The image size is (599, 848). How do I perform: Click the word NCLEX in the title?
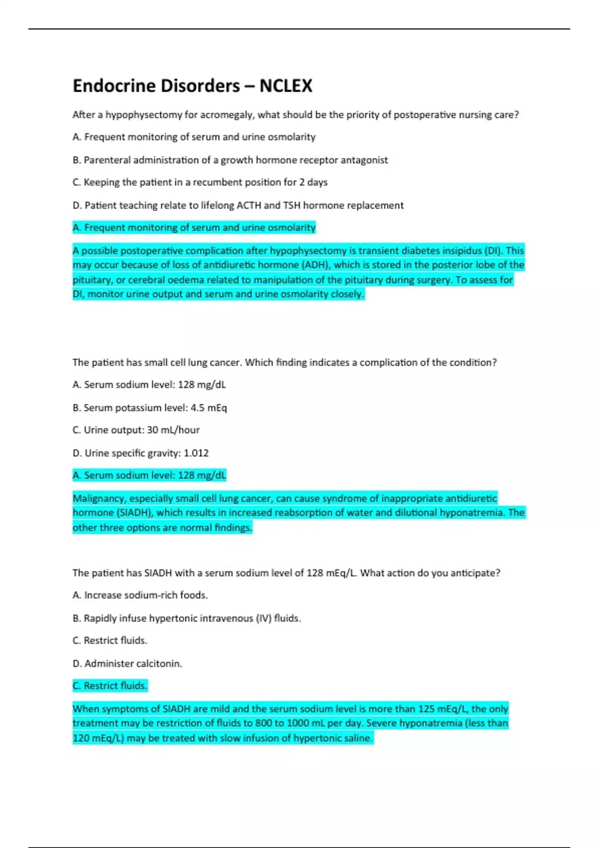pos(286,86)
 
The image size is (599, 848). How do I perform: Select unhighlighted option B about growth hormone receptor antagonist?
pos(230,160)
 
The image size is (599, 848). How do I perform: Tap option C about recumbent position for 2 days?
pos(200,183)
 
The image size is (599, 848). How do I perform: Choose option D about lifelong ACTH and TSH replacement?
pos(238,206)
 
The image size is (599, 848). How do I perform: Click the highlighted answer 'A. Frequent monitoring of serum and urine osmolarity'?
pos(194,228)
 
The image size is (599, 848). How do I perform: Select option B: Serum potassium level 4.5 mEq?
pos(150,408)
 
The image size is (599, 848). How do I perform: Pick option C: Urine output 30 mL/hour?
pos(136,430)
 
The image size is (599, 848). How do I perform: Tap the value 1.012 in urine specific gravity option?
pos(196,453)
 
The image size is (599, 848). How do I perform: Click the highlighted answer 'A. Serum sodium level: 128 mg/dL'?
pos(149,475)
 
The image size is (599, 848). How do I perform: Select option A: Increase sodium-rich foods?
pos(140,595)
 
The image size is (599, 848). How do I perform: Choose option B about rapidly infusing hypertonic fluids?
pos(187,619)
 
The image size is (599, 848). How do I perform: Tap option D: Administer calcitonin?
pos(127,664)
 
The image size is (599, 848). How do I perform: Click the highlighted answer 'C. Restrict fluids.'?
pos(110,686)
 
